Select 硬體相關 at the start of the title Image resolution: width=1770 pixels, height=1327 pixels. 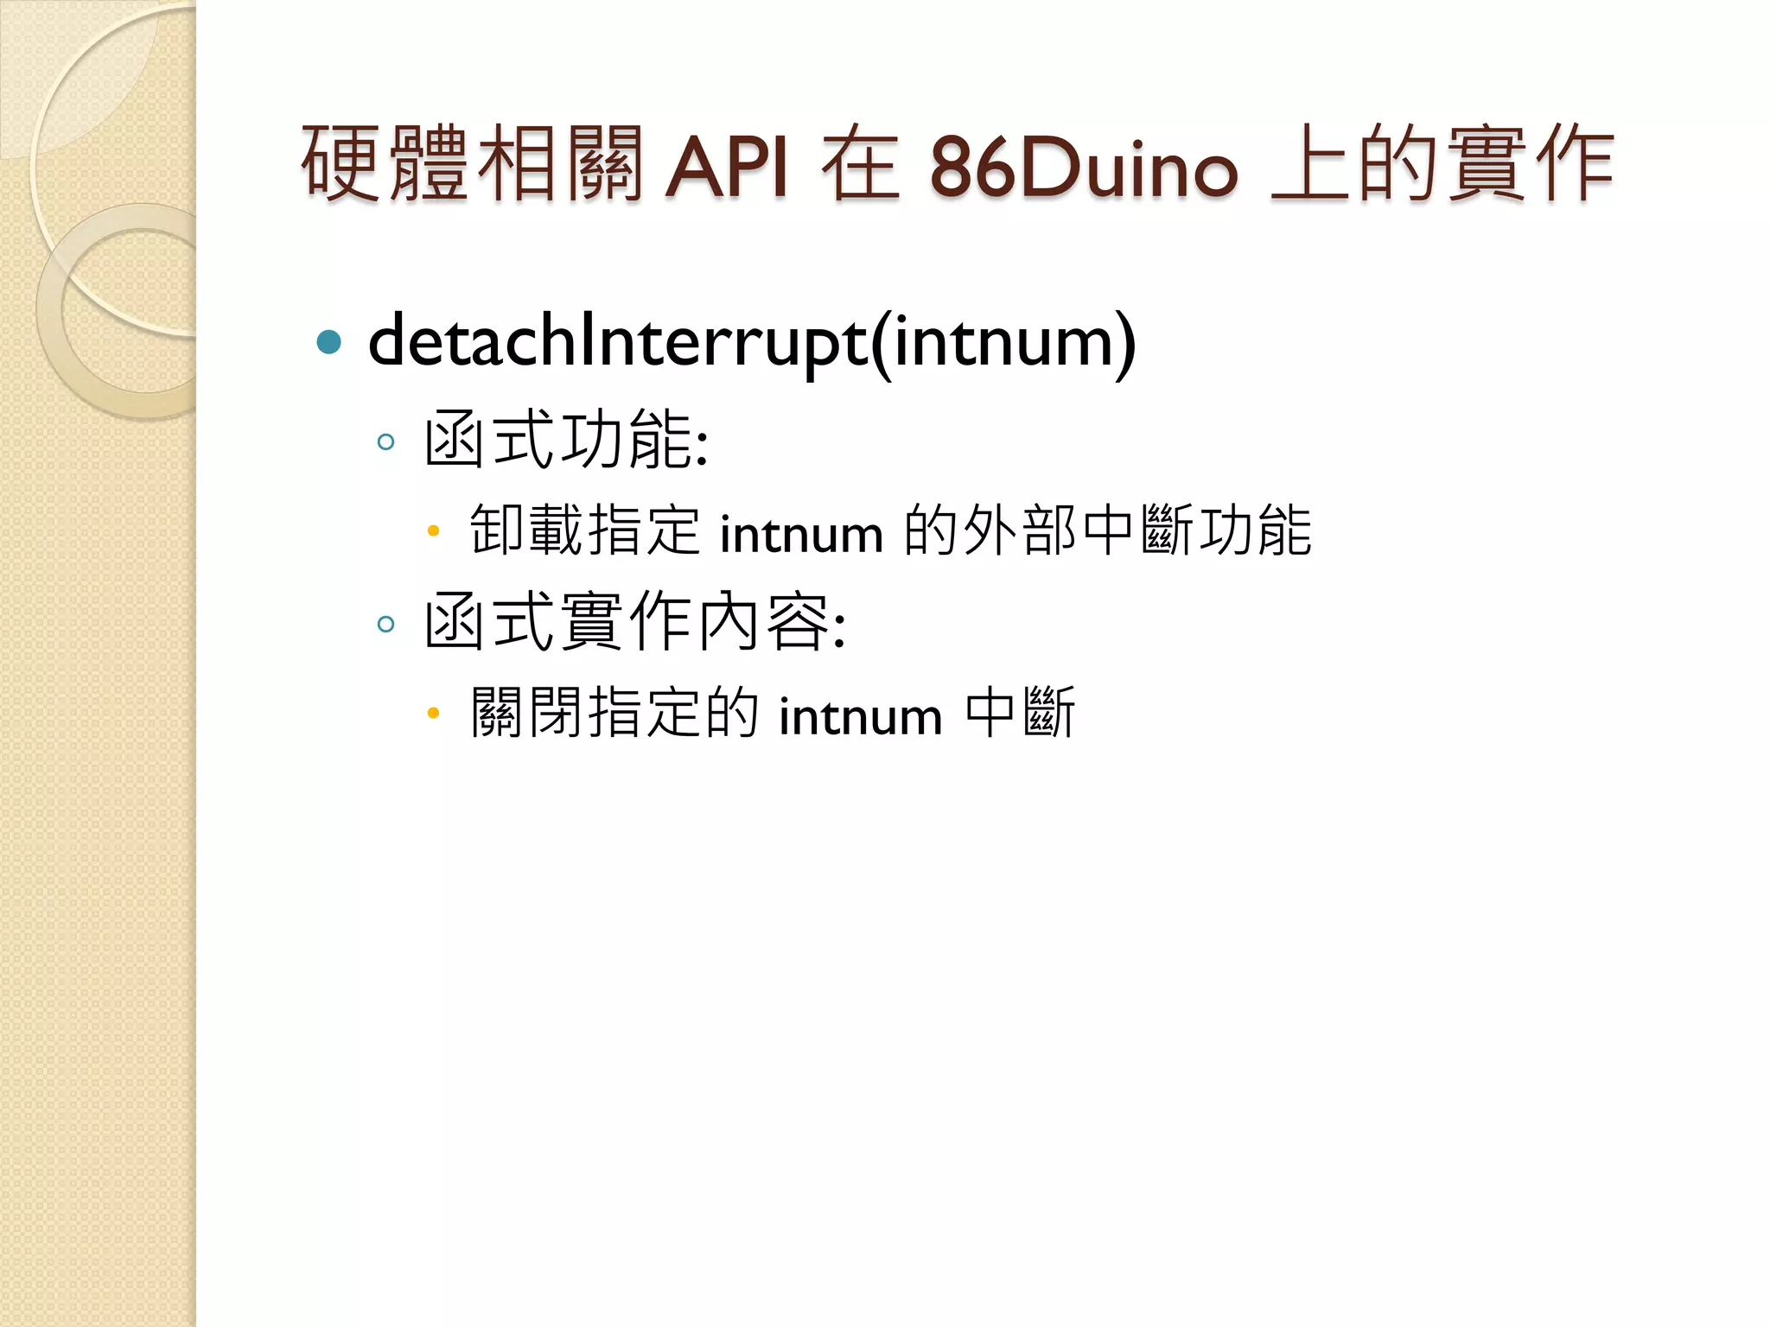pyautogui.click(x=472, y=164)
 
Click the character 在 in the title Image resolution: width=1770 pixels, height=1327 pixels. pyautogui.click(x=860, y=164)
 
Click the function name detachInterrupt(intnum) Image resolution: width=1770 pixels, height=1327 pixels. pyautogui.click(x=751, y=343)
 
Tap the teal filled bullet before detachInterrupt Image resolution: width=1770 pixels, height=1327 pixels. pyautogui.click(x=329, y=343)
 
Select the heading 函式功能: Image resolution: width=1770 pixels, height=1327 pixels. pyautogui.click(x=566, y=441)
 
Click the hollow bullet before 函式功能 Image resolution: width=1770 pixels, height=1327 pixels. pyautogui.click(x=385, y=442)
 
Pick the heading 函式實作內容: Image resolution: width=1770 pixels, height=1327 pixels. pyautogui.click(x=634, y=622)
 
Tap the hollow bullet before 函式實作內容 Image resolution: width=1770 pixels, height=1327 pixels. pyautogui.click(x=385, y=624)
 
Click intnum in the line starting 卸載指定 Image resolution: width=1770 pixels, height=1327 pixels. pyautogui.click(x=801, y=534)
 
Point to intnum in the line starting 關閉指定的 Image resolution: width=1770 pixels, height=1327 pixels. pyautogui.click(x=860, y=716)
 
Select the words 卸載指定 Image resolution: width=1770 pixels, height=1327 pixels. pyautogui.click(x=584, y=530)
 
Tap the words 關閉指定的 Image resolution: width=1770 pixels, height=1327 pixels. pyautogui.click(x=614, y=713)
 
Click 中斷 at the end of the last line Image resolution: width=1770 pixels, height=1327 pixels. pyautogui.click(x=1020, y=713)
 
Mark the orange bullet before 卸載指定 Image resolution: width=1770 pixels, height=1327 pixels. pyautogui.click(x=434, y=530)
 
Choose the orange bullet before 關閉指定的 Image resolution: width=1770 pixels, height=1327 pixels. pyautogui.click(x=434, y=713)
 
